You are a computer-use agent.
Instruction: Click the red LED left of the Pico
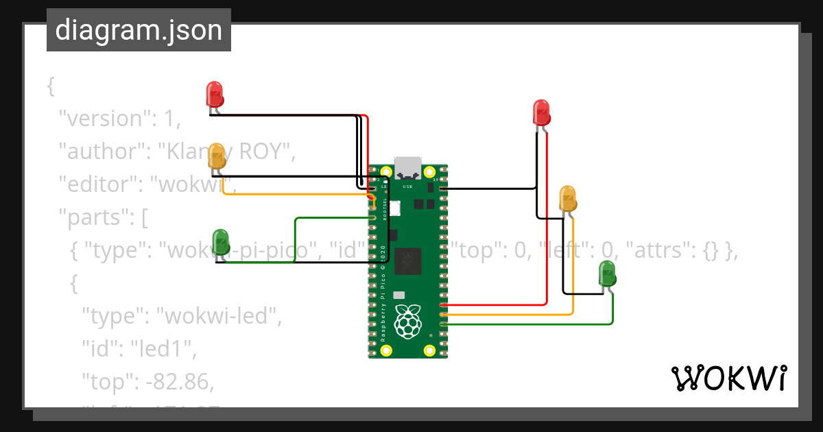click(x=215, y=95)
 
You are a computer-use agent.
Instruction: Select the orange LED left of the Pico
click(x=217, y=157)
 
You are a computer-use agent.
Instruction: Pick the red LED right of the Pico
click(x=542, y=112)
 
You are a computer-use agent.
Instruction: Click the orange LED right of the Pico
click(x=568, y=198)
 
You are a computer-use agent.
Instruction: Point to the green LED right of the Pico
click(x=607, y=274)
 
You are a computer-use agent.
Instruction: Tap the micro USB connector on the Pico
click(x=408, y=167)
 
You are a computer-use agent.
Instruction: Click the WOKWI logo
click(x=728, y=378)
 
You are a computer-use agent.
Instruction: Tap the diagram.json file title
click(x=139, y=30)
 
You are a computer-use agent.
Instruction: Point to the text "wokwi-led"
click(x=219, y=316)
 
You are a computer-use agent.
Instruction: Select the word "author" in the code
click(x=100, y=152)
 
